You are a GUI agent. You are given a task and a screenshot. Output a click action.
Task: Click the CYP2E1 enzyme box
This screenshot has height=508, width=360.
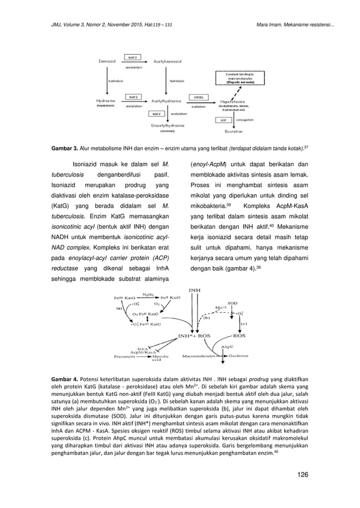(199, 96)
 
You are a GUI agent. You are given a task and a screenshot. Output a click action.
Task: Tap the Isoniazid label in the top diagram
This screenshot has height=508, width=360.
(108, 60)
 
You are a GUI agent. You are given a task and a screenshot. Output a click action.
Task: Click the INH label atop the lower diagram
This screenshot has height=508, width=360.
(195, 291)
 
